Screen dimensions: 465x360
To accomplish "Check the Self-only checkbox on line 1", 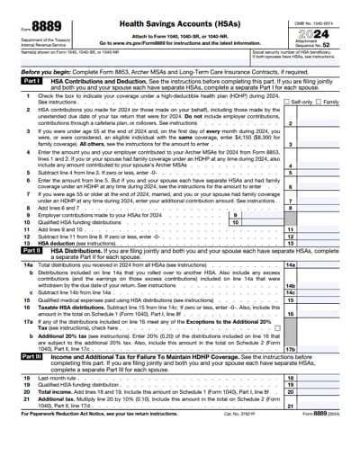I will coord(286,103).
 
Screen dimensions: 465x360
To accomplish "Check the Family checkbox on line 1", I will coord(317,103).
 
